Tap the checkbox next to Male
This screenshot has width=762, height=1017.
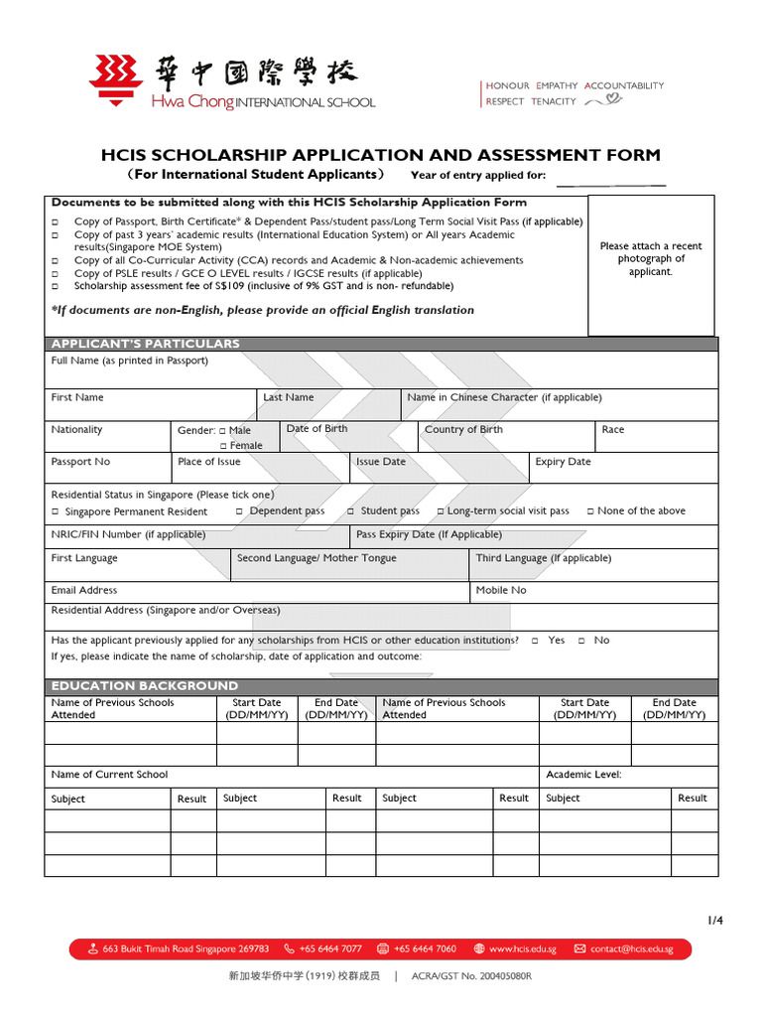(x=221, y=431)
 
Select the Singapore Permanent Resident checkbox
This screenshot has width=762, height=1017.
(x=56, y=511)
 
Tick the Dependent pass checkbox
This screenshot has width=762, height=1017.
(x=240, y=510)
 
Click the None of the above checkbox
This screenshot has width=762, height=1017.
(x=590, y=510)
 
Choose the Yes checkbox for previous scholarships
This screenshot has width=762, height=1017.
(x=535, y=641)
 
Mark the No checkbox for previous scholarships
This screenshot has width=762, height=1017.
(x=581, y=641)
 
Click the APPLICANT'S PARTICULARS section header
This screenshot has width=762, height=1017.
(x=146, y=344)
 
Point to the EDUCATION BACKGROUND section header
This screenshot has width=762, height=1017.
(x=145, y=685)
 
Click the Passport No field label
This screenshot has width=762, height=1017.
(x=80, y=462)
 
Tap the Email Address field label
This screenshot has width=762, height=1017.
(x=84, y=590)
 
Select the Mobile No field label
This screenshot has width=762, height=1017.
(x=501, y=590)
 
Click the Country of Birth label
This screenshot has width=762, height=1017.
(x=463, y=429)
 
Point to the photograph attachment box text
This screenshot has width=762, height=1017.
(x=651, y=258)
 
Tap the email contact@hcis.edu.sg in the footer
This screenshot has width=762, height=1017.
(x=631, y=948)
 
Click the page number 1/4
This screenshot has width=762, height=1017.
(x=715, y=921)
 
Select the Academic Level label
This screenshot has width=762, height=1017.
(x=583, y=775)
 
